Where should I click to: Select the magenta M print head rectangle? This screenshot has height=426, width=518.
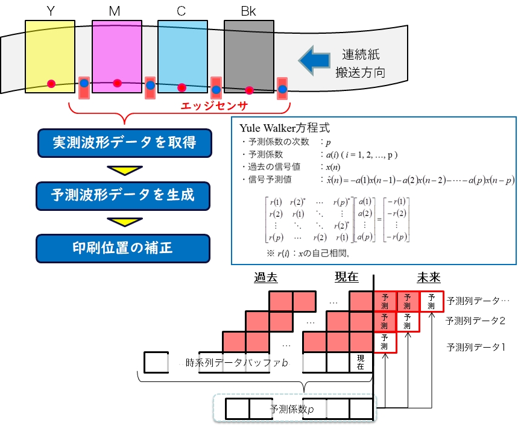point(117,54)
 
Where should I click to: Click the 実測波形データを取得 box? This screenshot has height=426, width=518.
point(124,143)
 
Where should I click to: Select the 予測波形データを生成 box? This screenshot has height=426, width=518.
point(124,196)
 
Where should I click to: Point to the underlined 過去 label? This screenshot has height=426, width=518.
point(267,277)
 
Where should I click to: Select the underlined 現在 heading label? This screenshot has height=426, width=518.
point(347,277)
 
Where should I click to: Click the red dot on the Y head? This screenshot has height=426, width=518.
point(51,83)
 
